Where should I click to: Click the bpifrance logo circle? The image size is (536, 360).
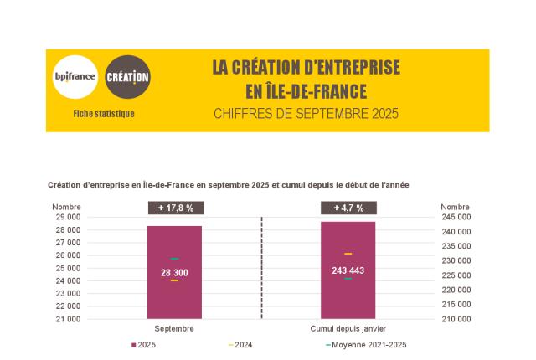pos(75,78)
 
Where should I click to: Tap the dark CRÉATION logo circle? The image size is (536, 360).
pos(128,78)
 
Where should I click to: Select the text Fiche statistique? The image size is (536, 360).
pos(104,113)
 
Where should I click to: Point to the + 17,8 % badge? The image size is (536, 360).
pos(175,208)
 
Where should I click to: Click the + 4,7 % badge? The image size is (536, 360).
pos(348,208)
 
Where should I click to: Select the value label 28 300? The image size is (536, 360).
pos(175,272)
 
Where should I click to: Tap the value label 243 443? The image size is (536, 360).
pos(348,270)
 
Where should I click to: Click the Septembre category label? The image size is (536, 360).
pos(175,329)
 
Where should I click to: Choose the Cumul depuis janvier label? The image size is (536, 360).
pos(348,329)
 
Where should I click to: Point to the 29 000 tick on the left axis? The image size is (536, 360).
pos(67,217)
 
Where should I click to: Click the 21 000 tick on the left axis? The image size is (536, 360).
pos(67,319)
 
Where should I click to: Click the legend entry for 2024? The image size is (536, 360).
pos(240,345)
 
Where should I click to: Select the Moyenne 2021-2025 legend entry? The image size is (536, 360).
pos(368,345)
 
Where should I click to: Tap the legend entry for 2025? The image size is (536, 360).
pos(144,345)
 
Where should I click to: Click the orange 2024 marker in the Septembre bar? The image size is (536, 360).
pos(174,280)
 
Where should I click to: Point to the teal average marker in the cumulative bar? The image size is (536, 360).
pos(348,279)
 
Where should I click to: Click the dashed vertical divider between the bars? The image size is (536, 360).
pos(262,268)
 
